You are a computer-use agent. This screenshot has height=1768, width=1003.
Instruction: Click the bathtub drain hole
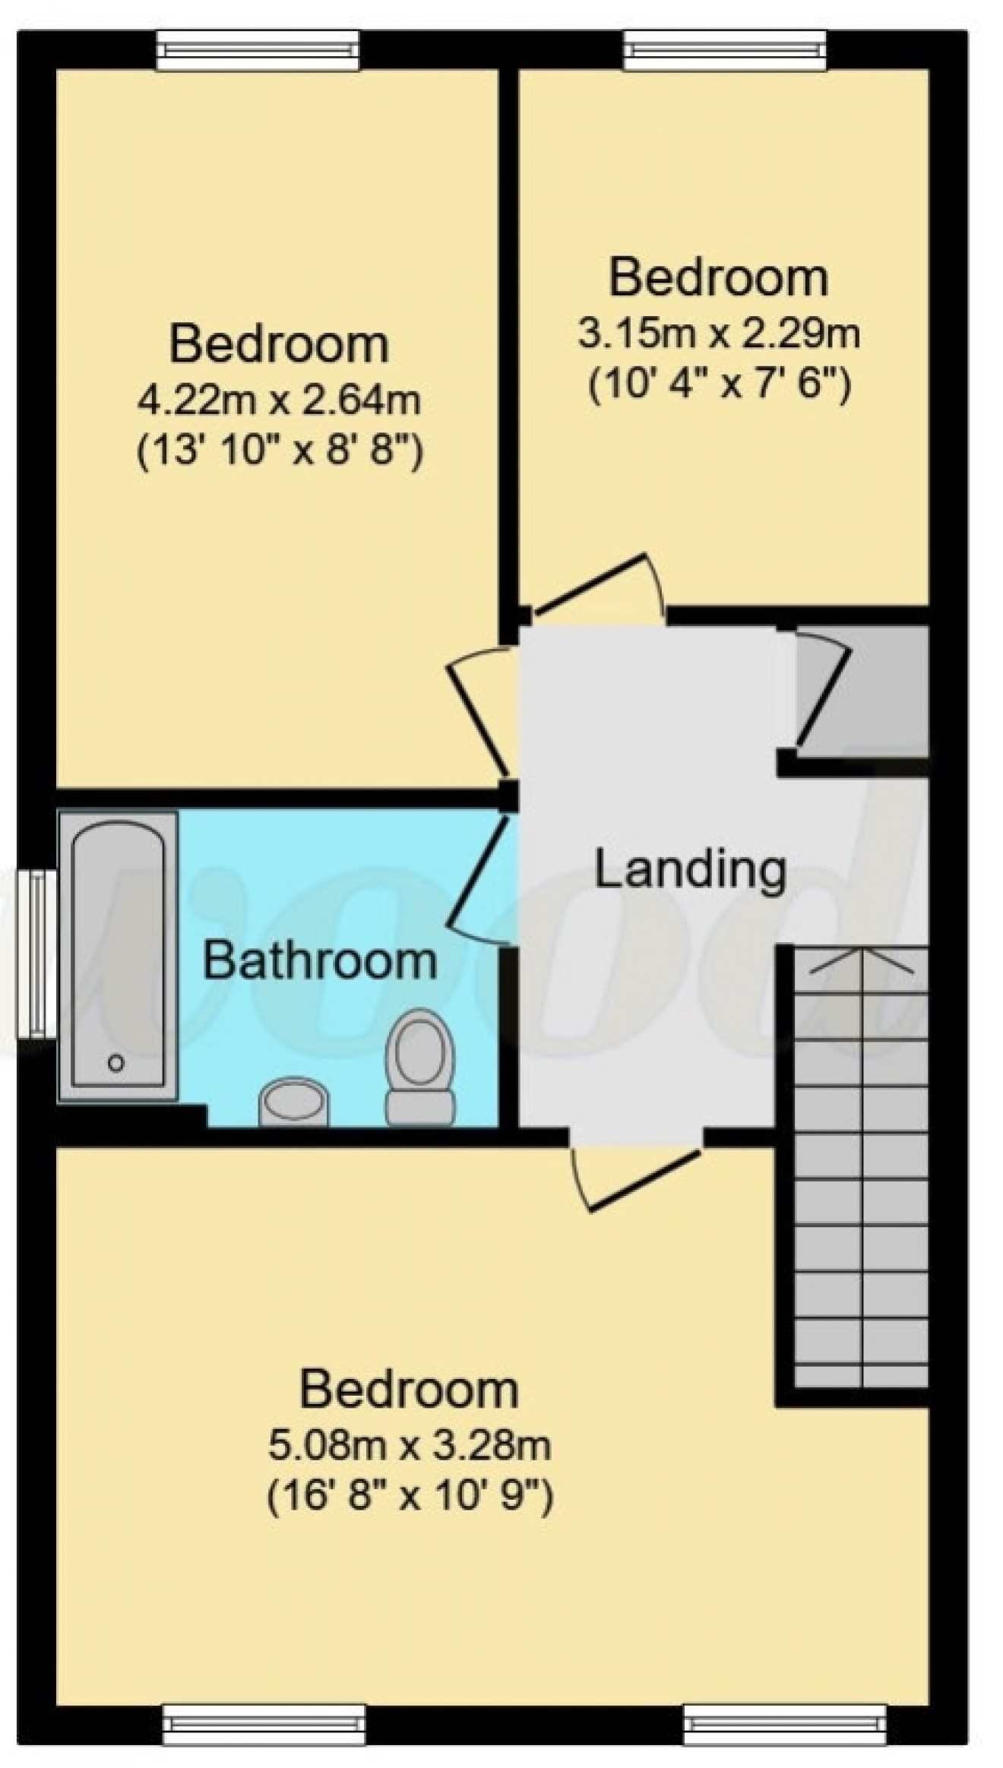pos(115,1064)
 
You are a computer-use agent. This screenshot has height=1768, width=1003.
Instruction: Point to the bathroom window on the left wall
pos(36,953)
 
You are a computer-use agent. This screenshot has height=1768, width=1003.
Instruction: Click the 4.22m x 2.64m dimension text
pos(278,400)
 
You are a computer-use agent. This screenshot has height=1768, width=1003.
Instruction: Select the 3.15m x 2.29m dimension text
pos(718,334)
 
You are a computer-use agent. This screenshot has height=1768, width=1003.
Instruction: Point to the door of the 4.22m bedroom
pos(476,712)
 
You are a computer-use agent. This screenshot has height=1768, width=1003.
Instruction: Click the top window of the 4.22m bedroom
pos(258,51)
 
